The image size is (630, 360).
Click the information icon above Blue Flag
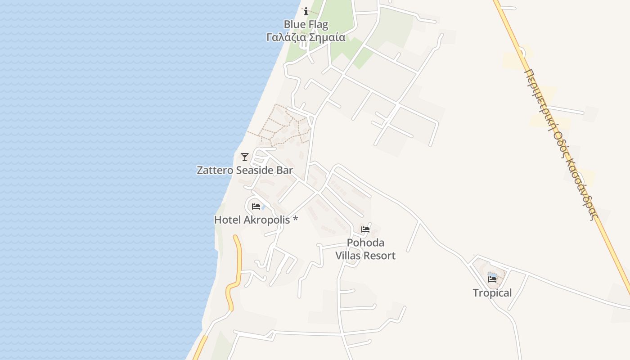pyautogui.click(x=306, y=11)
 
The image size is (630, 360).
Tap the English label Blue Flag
pyautogui.click(x=306, y=24)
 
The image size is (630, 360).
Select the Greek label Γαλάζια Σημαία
pyautogui.click(x=306, y=37)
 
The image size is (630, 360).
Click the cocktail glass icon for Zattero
pyautogui.click(x=245, y=157)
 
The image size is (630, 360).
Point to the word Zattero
pyautogui.click(x=215, y=171)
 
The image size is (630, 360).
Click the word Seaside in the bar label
pyautogui.click(x=255, y=171)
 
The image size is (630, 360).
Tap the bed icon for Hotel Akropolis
pyautogui.click(x=256, y=207)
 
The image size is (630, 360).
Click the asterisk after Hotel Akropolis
pyautogui.click(x=295, y=219)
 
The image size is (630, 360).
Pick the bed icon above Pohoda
pyautogui.click(x=365, y=229)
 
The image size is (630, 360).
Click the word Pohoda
pyautogui.click(x=365, y=243)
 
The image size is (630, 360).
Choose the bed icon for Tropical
pyautogui.click(x=492, y=279)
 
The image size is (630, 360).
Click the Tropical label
pyautogui.click(x=492, y=293)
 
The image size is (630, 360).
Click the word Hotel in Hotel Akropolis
pyautogui.click(x=228, y=220)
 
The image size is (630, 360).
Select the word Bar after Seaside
pyautogui.click(x=284, y=171)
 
